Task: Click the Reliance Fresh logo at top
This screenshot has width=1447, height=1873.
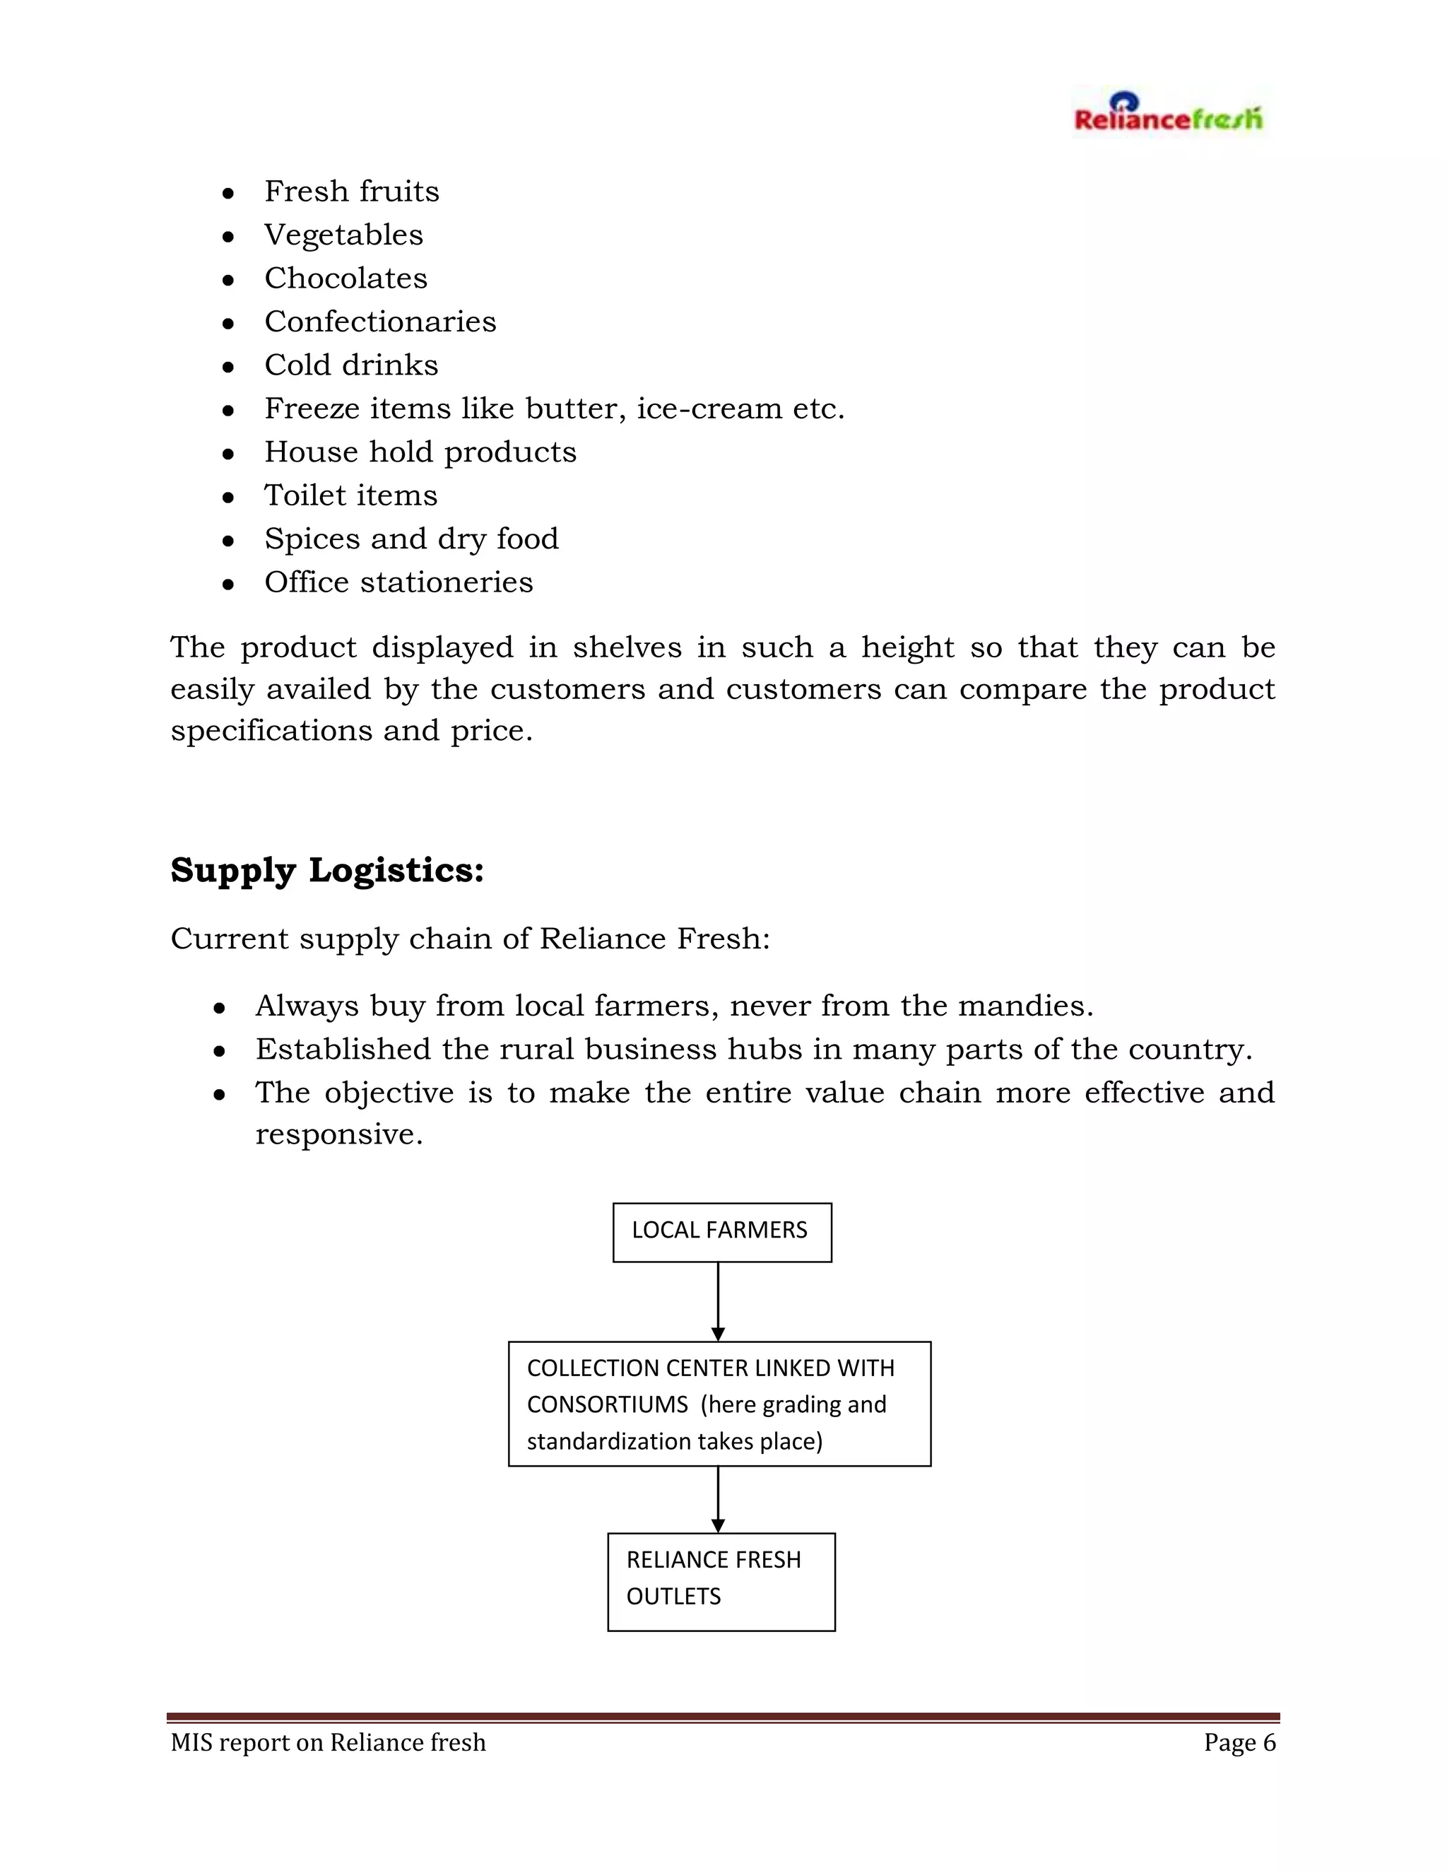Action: pos(1167,114)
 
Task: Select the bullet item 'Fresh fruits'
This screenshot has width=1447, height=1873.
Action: pos(351,192)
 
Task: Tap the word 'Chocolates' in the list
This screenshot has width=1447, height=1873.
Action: pos(345,278)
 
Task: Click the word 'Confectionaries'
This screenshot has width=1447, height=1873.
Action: pos(379,322)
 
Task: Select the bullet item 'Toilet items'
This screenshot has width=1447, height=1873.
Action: pos(350,495)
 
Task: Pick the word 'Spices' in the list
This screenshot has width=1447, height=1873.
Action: pos(310,539)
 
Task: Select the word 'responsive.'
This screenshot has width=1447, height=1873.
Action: pos(339,1134)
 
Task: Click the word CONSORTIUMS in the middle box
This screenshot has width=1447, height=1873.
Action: pos(607,1405)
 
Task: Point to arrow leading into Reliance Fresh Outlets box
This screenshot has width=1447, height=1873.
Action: pos(719,1499)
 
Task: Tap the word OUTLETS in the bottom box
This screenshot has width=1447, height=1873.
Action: pos(674,1597)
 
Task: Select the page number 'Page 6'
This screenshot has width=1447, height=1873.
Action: pos(1239,1743)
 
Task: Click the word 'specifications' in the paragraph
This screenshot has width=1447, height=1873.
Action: pos(271,732)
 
